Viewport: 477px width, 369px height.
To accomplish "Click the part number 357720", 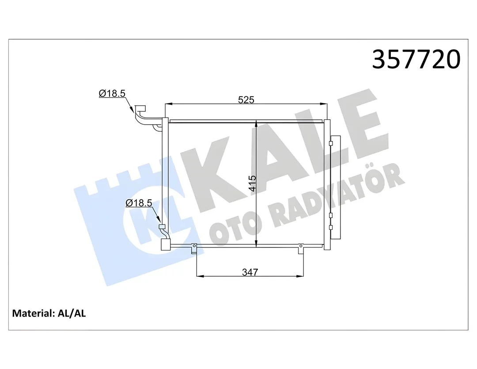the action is point(416,59).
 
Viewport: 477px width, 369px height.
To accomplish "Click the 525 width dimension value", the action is point(246,99).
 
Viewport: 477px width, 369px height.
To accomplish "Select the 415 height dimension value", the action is point(252,183).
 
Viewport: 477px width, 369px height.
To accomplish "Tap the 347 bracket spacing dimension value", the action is point(250,272).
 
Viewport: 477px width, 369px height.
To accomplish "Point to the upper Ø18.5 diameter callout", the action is point(112,94).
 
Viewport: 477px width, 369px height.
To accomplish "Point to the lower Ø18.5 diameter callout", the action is point(139,203).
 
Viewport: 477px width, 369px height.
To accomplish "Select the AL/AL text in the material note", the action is point(72,313).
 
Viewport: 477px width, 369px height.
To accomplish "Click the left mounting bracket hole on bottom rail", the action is point(193,245).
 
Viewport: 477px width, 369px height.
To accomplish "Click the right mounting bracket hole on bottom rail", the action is point(301,245).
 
